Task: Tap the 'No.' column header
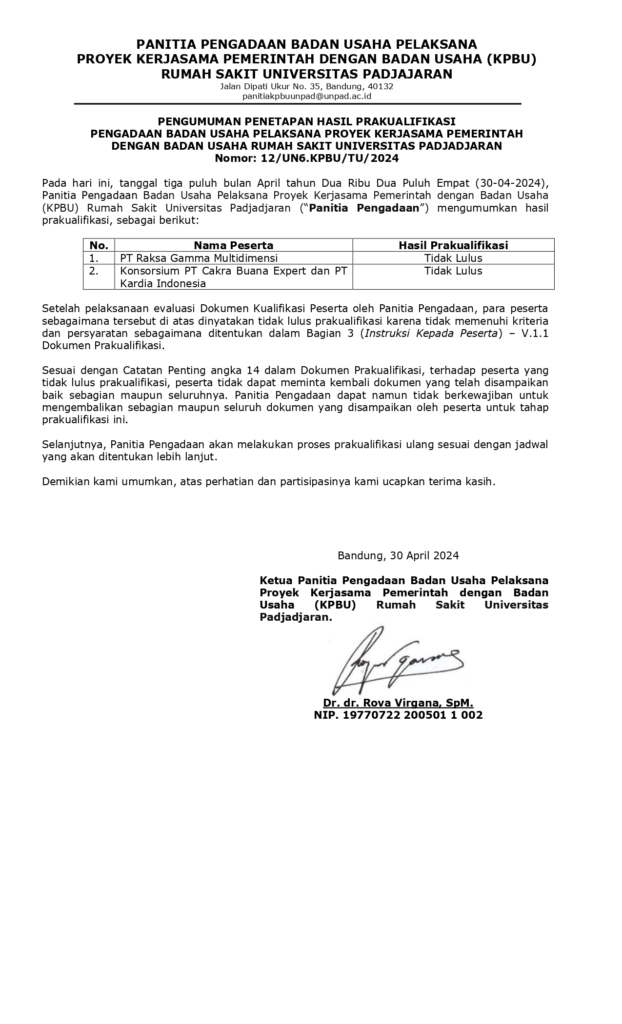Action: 98,244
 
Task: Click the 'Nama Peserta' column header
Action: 233,244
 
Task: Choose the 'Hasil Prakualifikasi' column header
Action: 453,244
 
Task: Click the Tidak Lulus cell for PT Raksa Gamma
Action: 453,257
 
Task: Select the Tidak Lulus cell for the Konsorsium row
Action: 453,270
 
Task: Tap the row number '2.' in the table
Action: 94,270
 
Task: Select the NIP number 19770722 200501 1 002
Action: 398,715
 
